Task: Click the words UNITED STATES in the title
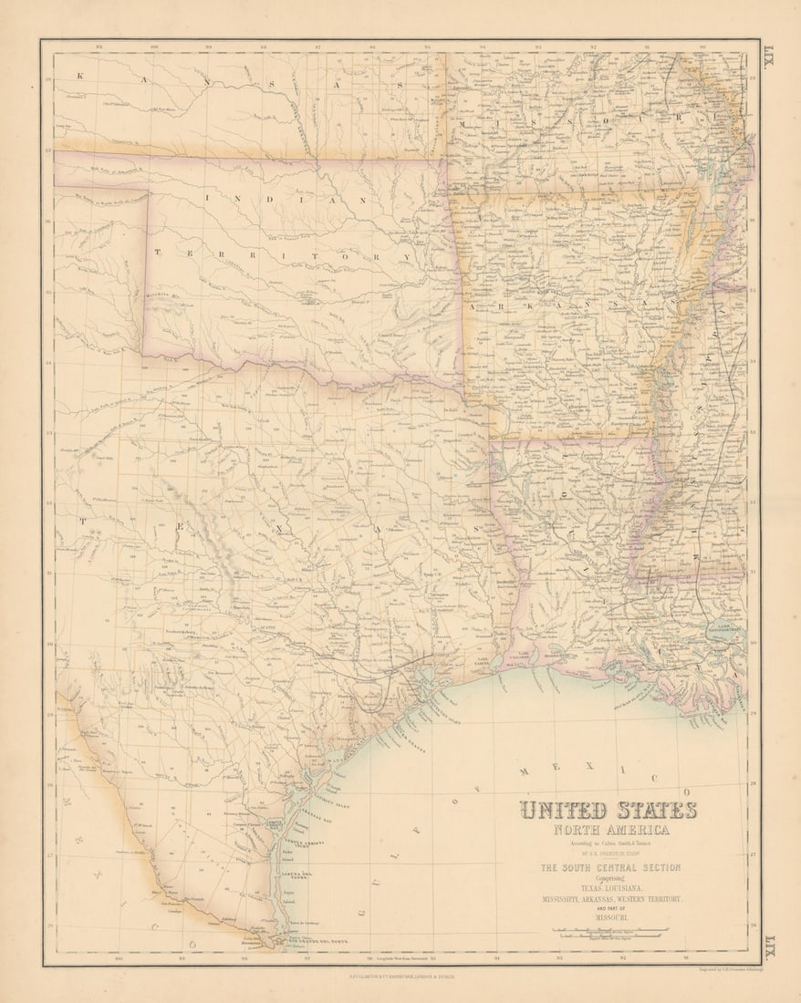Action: pos(609,811)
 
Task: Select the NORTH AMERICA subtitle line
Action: pos(609,830)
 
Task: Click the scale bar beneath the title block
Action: pos(609,931)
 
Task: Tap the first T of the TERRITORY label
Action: pos(158,253)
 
